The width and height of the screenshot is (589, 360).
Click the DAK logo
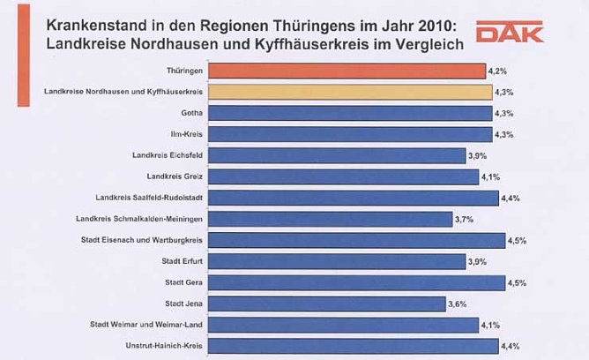pos(510,34)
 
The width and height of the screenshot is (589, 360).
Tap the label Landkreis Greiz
pos(174,176)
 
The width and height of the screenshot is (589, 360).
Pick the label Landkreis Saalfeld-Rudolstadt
pos(153,198)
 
